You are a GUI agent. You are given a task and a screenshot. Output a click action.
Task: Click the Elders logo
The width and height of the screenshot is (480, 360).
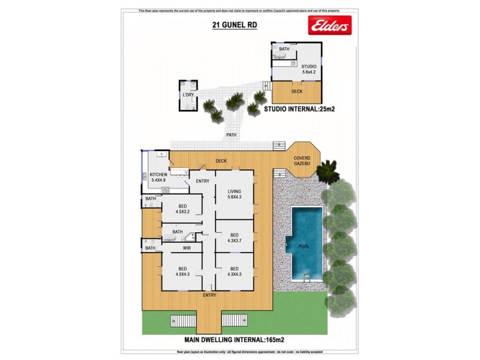tap(328, 26)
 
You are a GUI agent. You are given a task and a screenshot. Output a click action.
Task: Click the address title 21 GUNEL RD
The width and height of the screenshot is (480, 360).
tap(232, 25)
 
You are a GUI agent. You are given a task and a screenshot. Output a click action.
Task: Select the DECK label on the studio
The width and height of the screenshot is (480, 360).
tap(296, 92)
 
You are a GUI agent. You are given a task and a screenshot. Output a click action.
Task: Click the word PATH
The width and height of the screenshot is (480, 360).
tap(231, 135)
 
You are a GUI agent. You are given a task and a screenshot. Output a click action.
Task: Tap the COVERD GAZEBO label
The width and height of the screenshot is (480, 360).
tap(302, 160)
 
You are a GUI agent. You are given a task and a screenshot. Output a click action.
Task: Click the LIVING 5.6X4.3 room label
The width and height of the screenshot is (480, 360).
tap(234, 193)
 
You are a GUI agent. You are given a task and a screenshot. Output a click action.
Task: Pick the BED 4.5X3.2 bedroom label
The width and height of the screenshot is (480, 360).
tap(182, 209)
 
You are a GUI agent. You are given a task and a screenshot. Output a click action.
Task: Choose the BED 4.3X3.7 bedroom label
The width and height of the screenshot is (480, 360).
tap(234, 238)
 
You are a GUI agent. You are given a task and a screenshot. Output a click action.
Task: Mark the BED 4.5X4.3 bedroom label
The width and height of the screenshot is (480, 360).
tap(182, 272)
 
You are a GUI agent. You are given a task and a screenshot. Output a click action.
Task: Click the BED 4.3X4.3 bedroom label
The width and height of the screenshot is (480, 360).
tap(234, 272)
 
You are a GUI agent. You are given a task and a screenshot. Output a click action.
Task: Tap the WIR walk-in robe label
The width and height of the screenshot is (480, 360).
tap(186, 247)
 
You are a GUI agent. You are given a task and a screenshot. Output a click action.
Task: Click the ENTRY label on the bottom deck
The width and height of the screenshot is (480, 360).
tap(209, 295)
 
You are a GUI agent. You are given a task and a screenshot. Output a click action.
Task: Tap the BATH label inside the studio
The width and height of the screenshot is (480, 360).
tap(283, 49)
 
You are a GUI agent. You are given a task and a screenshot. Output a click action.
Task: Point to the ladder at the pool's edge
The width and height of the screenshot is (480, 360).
tap(308, 277)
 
